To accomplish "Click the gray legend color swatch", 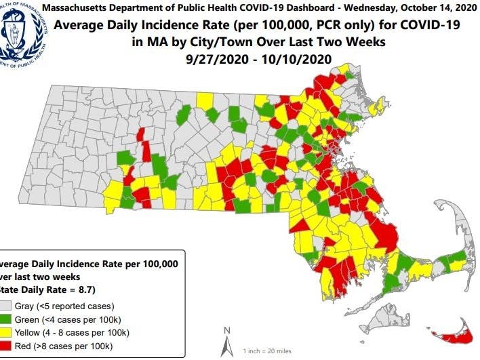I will tap(9, 306).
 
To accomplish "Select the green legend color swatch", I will tap(9, 319).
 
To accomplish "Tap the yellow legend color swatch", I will tap(9, 332).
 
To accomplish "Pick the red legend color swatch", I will tap(9, 346).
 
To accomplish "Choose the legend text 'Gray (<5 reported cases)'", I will tap(67, 306).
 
